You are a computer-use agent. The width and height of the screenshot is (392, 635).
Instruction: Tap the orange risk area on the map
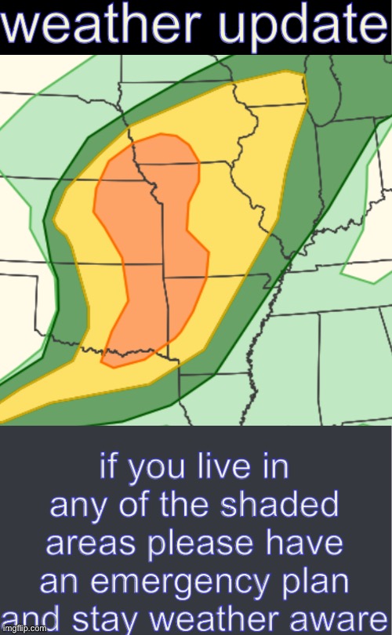click(149, 235)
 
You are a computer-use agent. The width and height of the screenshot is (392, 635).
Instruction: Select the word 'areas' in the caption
click(105, 542)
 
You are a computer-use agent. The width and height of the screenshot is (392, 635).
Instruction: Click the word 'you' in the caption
click(159, 468)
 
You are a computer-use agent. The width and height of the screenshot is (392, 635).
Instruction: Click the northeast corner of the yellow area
click(303, 75)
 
